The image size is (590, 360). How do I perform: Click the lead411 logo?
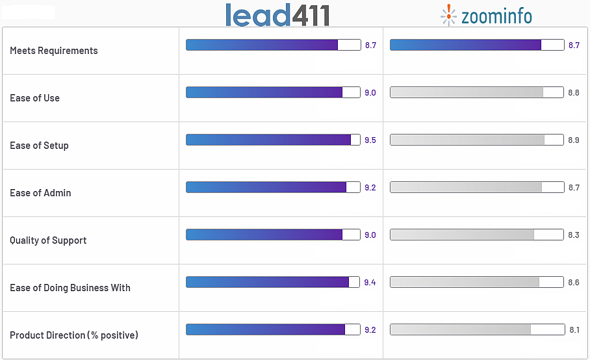[277, 15]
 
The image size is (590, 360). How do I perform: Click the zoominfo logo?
[486, 16]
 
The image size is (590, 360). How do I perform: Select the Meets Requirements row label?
[54, 51]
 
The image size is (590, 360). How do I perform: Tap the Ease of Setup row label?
[39, 146]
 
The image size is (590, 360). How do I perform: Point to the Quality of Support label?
[48, 240]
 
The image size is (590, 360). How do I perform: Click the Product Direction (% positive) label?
[74, 335]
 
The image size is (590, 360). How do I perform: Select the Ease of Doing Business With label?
[70, 288]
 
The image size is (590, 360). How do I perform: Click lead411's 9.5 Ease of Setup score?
[370, 140]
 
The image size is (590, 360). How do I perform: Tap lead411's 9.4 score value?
[370, 283]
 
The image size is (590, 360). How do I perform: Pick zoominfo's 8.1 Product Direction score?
[574, 330]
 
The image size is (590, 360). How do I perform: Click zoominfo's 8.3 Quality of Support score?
[574, 235]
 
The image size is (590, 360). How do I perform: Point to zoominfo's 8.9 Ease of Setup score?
[574, 140]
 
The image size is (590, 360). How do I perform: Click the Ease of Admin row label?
[40, 193]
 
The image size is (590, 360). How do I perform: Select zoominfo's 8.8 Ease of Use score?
[574, 93]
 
